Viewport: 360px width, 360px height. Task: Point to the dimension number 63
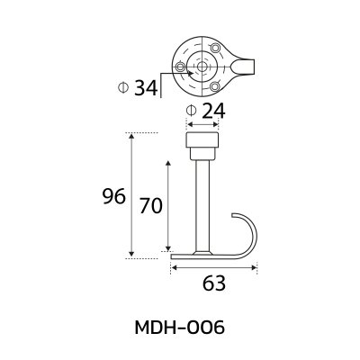click(x=213, y=283)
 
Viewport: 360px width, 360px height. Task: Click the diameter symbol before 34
click(x=122, y=87)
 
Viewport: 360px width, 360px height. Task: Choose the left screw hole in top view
click(x=184, y=67)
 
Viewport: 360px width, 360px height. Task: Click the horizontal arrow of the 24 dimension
click(x=202, y=127)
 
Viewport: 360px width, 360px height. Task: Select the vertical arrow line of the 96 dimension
click(x=132, y=196)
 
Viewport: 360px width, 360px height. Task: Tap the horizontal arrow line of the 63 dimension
click(x=214, y=265)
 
